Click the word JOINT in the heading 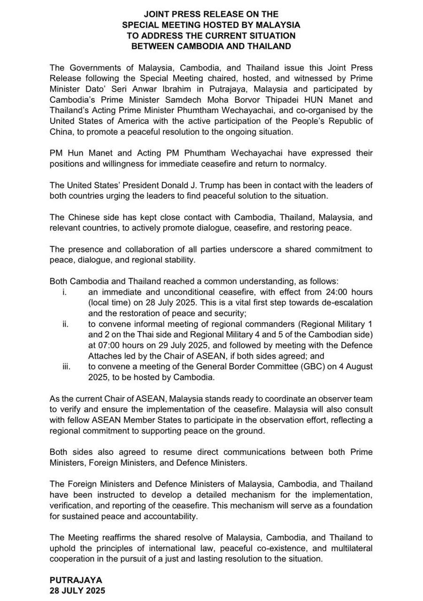point(157,14)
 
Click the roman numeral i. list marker point(64,292)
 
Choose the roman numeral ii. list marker point(65,324)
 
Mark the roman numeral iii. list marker point(66,367)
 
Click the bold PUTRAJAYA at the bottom point(76,580)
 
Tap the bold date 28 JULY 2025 point(77,591)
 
